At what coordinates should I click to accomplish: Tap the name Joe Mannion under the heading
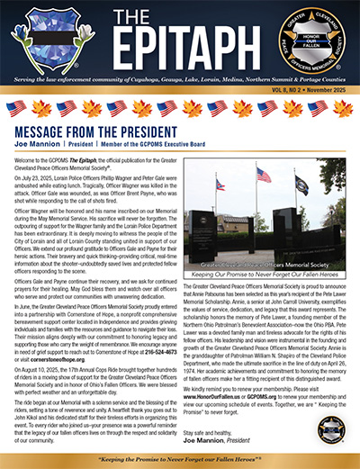pyautogui.click(x=40, y=142)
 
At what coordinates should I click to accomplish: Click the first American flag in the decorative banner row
pyautogui.click(x=18, y=108)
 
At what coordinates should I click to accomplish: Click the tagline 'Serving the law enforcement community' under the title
pyautogui.click(x=180, y=76)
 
